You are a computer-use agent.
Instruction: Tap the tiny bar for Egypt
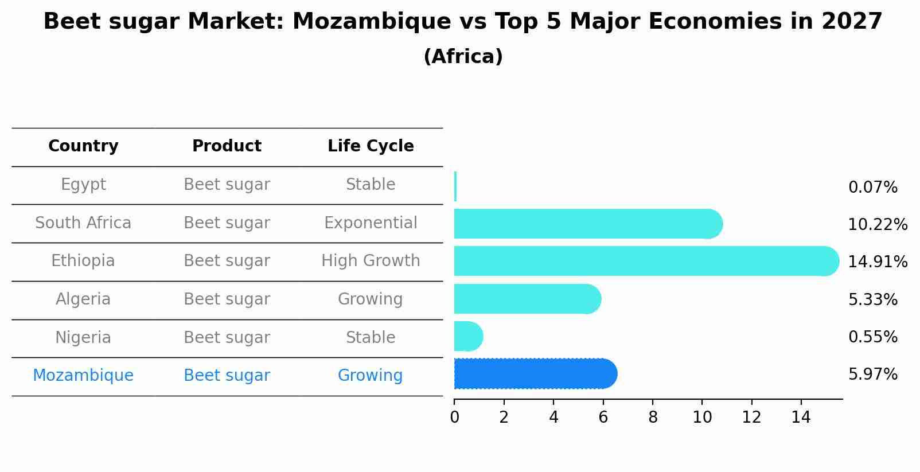pos(455,186)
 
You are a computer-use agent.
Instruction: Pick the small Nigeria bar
pos(467,336)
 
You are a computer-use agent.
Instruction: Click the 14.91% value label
pos(877,262)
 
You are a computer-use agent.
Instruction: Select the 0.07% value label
pos(872,188)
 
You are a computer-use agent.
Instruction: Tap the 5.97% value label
pos(872,375)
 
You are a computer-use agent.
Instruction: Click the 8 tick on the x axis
pos(653,418)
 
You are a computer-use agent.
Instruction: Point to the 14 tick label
pos(801,418)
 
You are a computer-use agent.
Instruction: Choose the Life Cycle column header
pos(371,146)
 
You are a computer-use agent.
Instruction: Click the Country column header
pos(83,146)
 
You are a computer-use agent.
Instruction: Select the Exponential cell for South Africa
pos(371,223)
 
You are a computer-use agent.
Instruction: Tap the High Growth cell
pos(371,261)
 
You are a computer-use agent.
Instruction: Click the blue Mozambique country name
pos(83,376)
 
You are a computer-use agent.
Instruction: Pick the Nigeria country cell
pos(83,338)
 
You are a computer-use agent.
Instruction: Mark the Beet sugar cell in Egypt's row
pos(227,185)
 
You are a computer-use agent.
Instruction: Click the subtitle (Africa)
pos(463,57)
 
